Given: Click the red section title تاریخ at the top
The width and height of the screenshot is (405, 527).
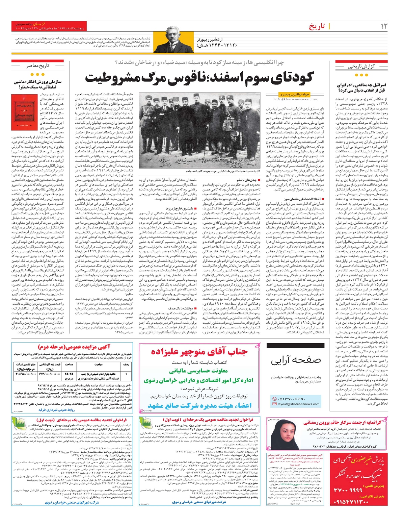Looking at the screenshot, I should (317, 26).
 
